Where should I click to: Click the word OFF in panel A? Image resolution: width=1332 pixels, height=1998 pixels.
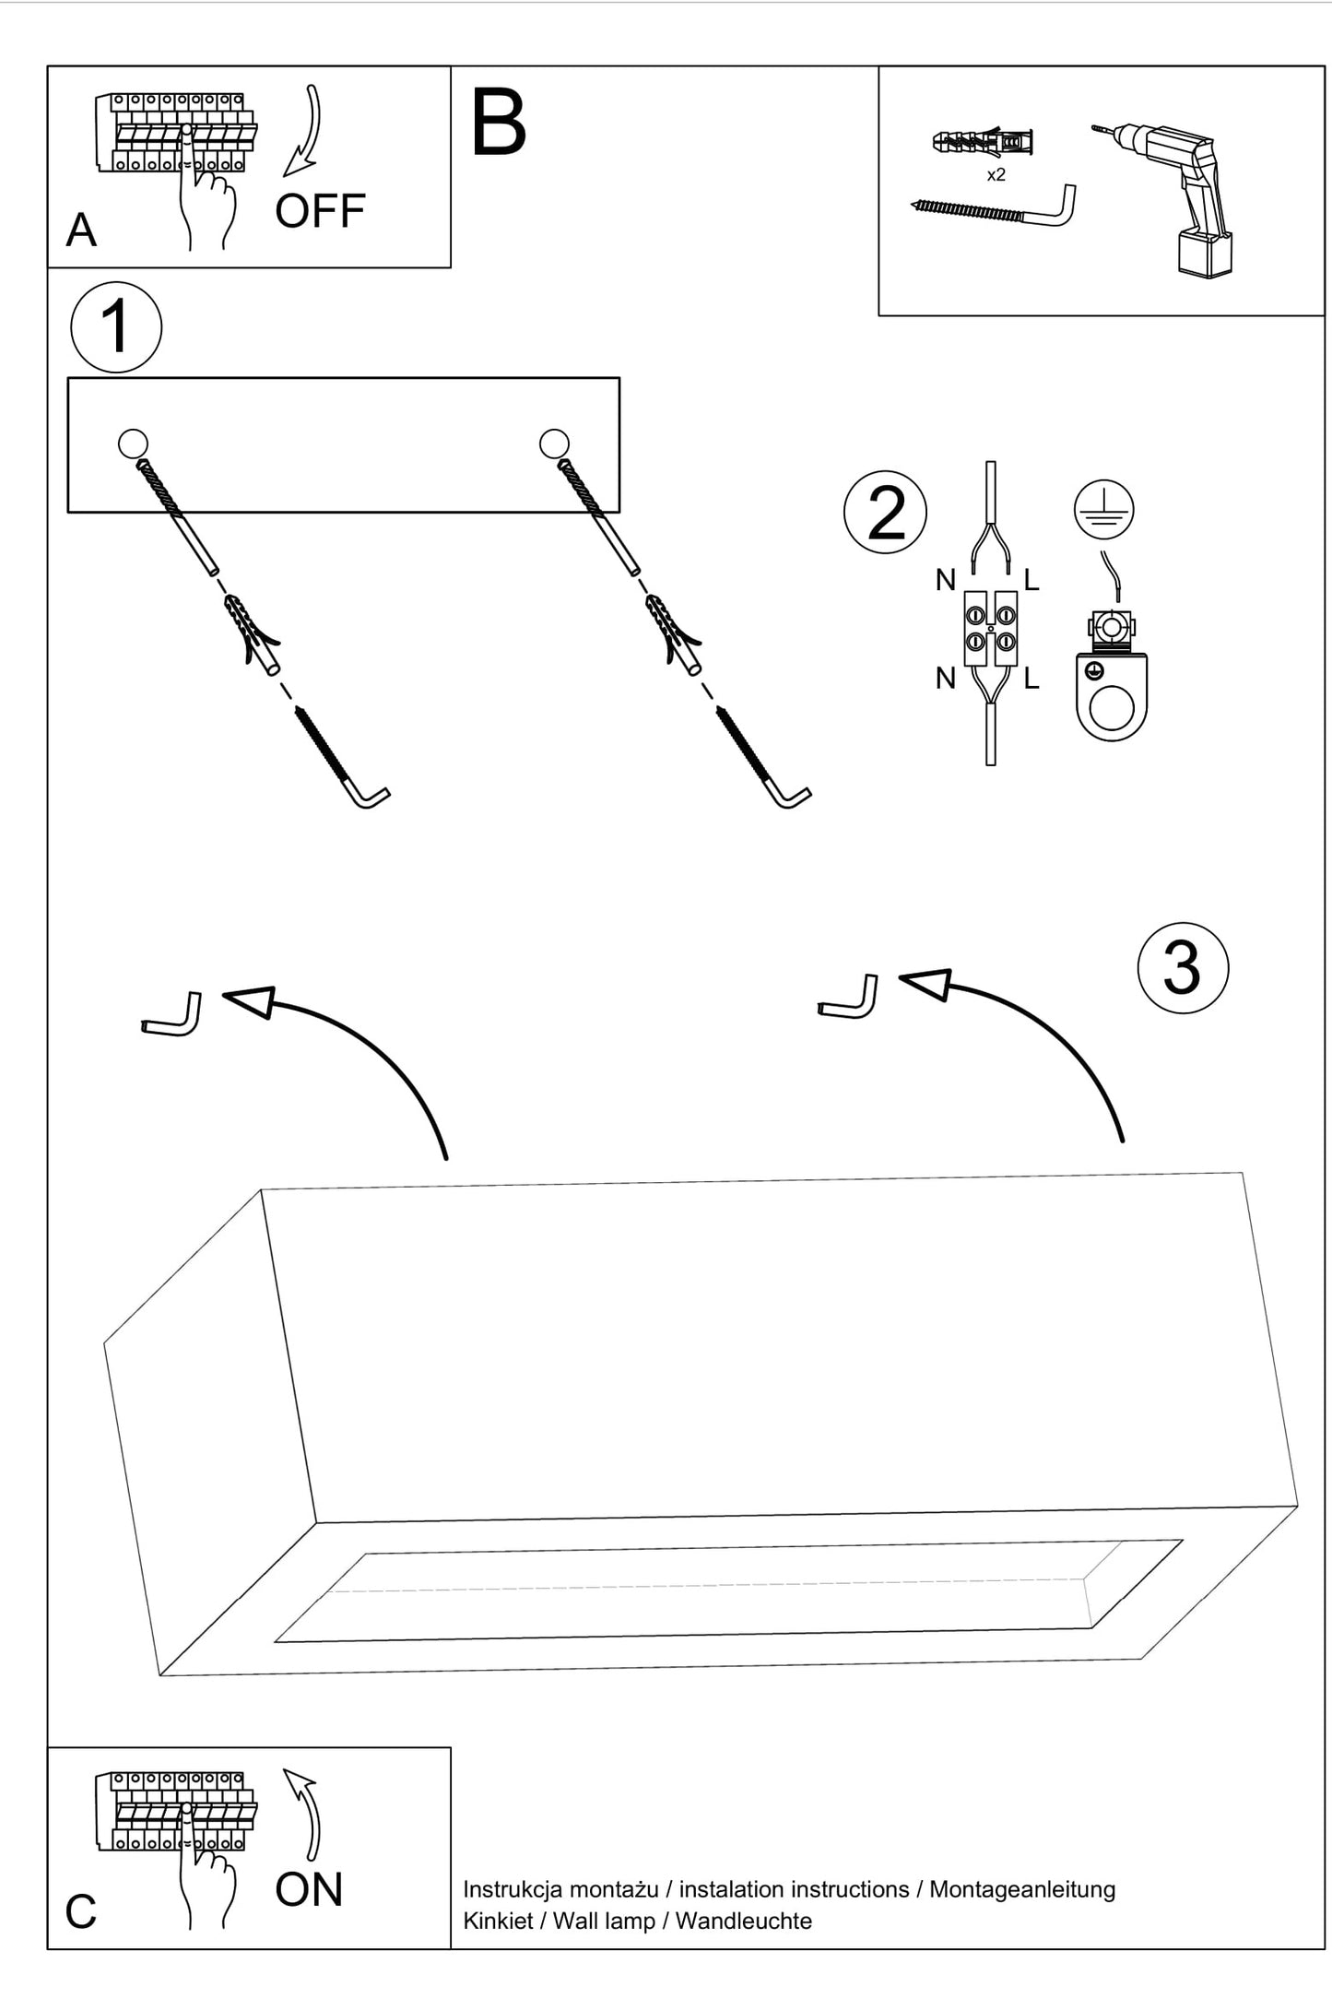point(320,211)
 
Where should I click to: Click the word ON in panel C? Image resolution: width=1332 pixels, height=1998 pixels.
point(309,1889)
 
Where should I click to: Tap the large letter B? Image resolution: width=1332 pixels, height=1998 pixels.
point(498,124)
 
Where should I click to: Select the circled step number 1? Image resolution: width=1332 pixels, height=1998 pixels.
point(116,327)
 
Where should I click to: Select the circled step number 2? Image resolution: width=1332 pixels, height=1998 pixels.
point(885,513)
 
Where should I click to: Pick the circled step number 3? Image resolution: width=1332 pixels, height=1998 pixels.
point(1183,968)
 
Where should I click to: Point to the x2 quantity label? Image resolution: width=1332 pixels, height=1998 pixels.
point(996,175)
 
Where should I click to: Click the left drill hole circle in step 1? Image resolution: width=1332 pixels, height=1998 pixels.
point(133,443)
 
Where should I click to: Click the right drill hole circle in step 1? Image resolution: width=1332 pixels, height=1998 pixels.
point(554,443)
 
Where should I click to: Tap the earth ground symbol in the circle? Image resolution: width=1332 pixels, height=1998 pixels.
point(1103,509)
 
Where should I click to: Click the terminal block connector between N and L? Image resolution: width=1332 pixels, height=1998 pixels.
point(990,629)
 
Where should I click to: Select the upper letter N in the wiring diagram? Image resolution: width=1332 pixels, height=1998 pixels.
point(946,580)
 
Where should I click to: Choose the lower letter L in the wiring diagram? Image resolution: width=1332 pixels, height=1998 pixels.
point(1031,680)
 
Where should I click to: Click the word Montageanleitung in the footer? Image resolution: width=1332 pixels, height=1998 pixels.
point(1021,1889)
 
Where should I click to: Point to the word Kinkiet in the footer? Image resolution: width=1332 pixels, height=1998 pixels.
point(498,1921)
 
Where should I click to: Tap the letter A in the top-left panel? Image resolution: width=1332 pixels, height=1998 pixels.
point(81,231)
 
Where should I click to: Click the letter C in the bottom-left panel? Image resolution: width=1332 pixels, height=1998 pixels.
point(81,1912)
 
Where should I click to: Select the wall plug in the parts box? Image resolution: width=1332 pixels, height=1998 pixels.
point(983,142)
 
